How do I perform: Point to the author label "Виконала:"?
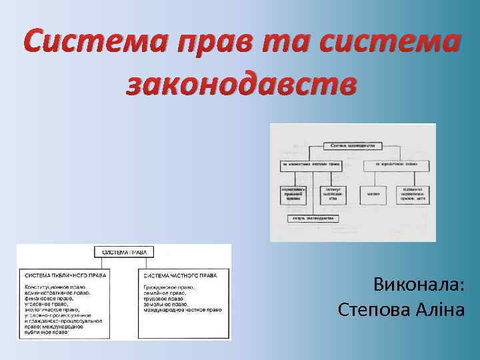[x=419, y=285]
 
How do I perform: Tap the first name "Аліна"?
[x=443, y=310]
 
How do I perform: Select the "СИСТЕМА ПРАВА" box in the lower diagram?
[x=125, y=253]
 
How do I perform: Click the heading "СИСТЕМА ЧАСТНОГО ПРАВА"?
[x=179, y=275]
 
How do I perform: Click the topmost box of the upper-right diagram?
[x=353, y=145]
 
